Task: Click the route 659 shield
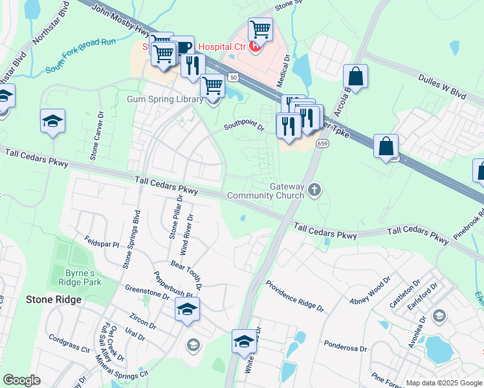click(x=320, y=143)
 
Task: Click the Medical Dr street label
click(x=284, y=70)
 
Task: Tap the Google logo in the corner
click(x=21, y=380)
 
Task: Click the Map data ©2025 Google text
click(x=443, y=383)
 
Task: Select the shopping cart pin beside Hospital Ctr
click(x=259, y=29)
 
